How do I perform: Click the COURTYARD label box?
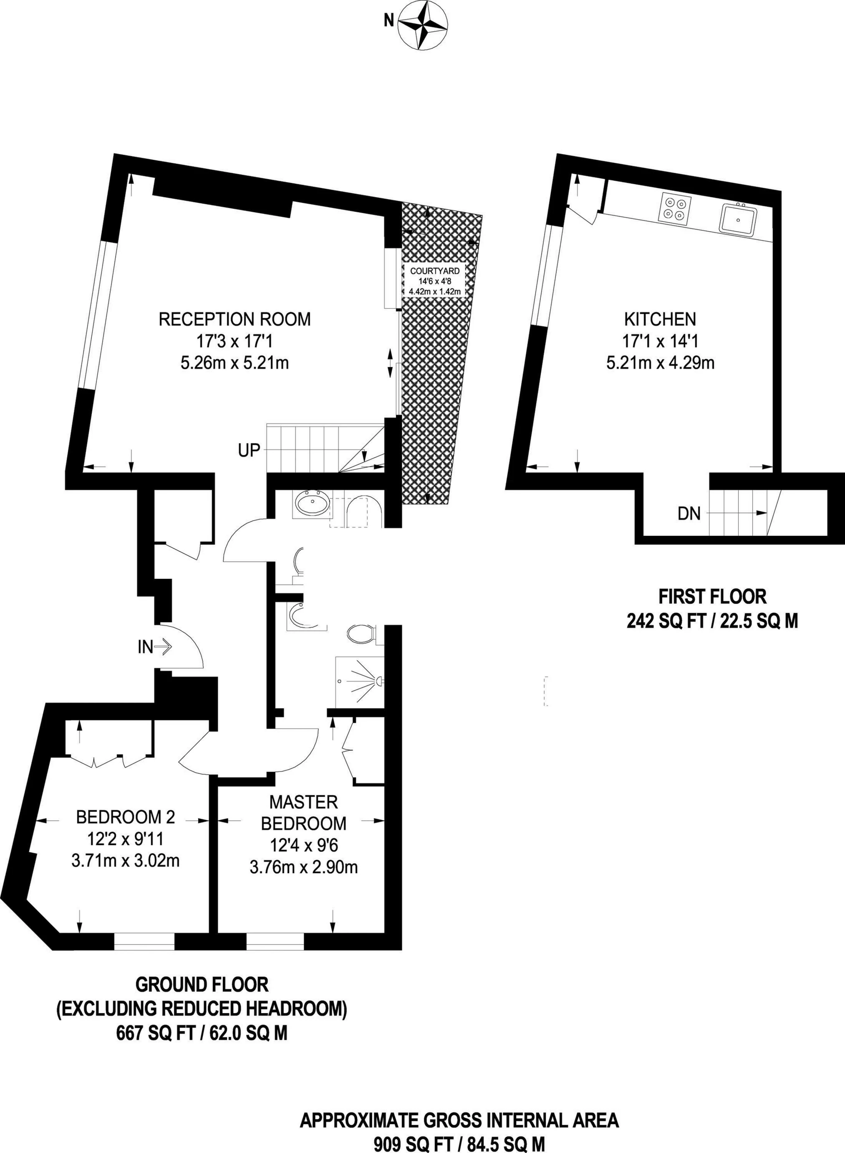[435, 281]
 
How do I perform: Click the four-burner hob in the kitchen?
[675, 207]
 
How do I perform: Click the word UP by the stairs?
[249, 450]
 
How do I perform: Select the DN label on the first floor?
[689, 513]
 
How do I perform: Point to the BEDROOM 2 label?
[125, 817]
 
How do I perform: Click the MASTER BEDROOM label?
[304, 812]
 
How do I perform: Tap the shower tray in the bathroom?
[359, 681]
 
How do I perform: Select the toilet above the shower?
[362, 635]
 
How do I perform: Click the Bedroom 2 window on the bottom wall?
[144, 941]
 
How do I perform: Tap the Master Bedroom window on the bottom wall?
[275, 941]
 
